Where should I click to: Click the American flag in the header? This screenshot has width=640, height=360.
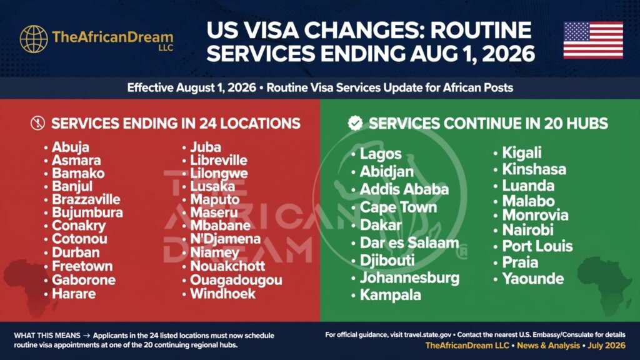(x=593, y=40)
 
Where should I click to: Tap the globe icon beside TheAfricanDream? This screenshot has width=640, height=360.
(x=34, y=39)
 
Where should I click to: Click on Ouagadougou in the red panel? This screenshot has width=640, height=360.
(x=236, y=281)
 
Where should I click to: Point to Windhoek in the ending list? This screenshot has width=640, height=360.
(x=223, y=294)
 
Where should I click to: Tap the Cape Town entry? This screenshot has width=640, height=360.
(x=398, y=207)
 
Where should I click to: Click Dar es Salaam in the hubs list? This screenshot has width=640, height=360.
(x=409, y=243)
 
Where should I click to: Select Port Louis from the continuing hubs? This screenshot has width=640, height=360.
(x=537, y=246)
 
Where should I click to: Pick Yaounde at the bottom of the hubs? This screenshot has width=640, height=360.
(x=532, y=279)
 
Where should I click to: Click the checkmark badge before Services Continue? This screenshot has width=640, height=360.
(x=355, y=123)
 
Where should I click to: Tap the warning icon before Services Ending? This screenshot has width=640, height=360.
(x=38, y=123)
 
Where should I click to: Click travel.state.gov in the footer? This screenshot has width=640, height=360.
(x=427, y=335)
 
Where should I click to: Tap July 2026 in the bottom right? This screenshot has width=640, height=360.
(x=606, y=345)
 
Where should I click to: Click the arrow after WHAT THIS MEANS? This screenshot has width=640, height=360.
(x=86, y=336)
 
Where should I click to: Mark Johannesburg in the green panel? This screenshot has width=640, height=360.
(x=409, y=278)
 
